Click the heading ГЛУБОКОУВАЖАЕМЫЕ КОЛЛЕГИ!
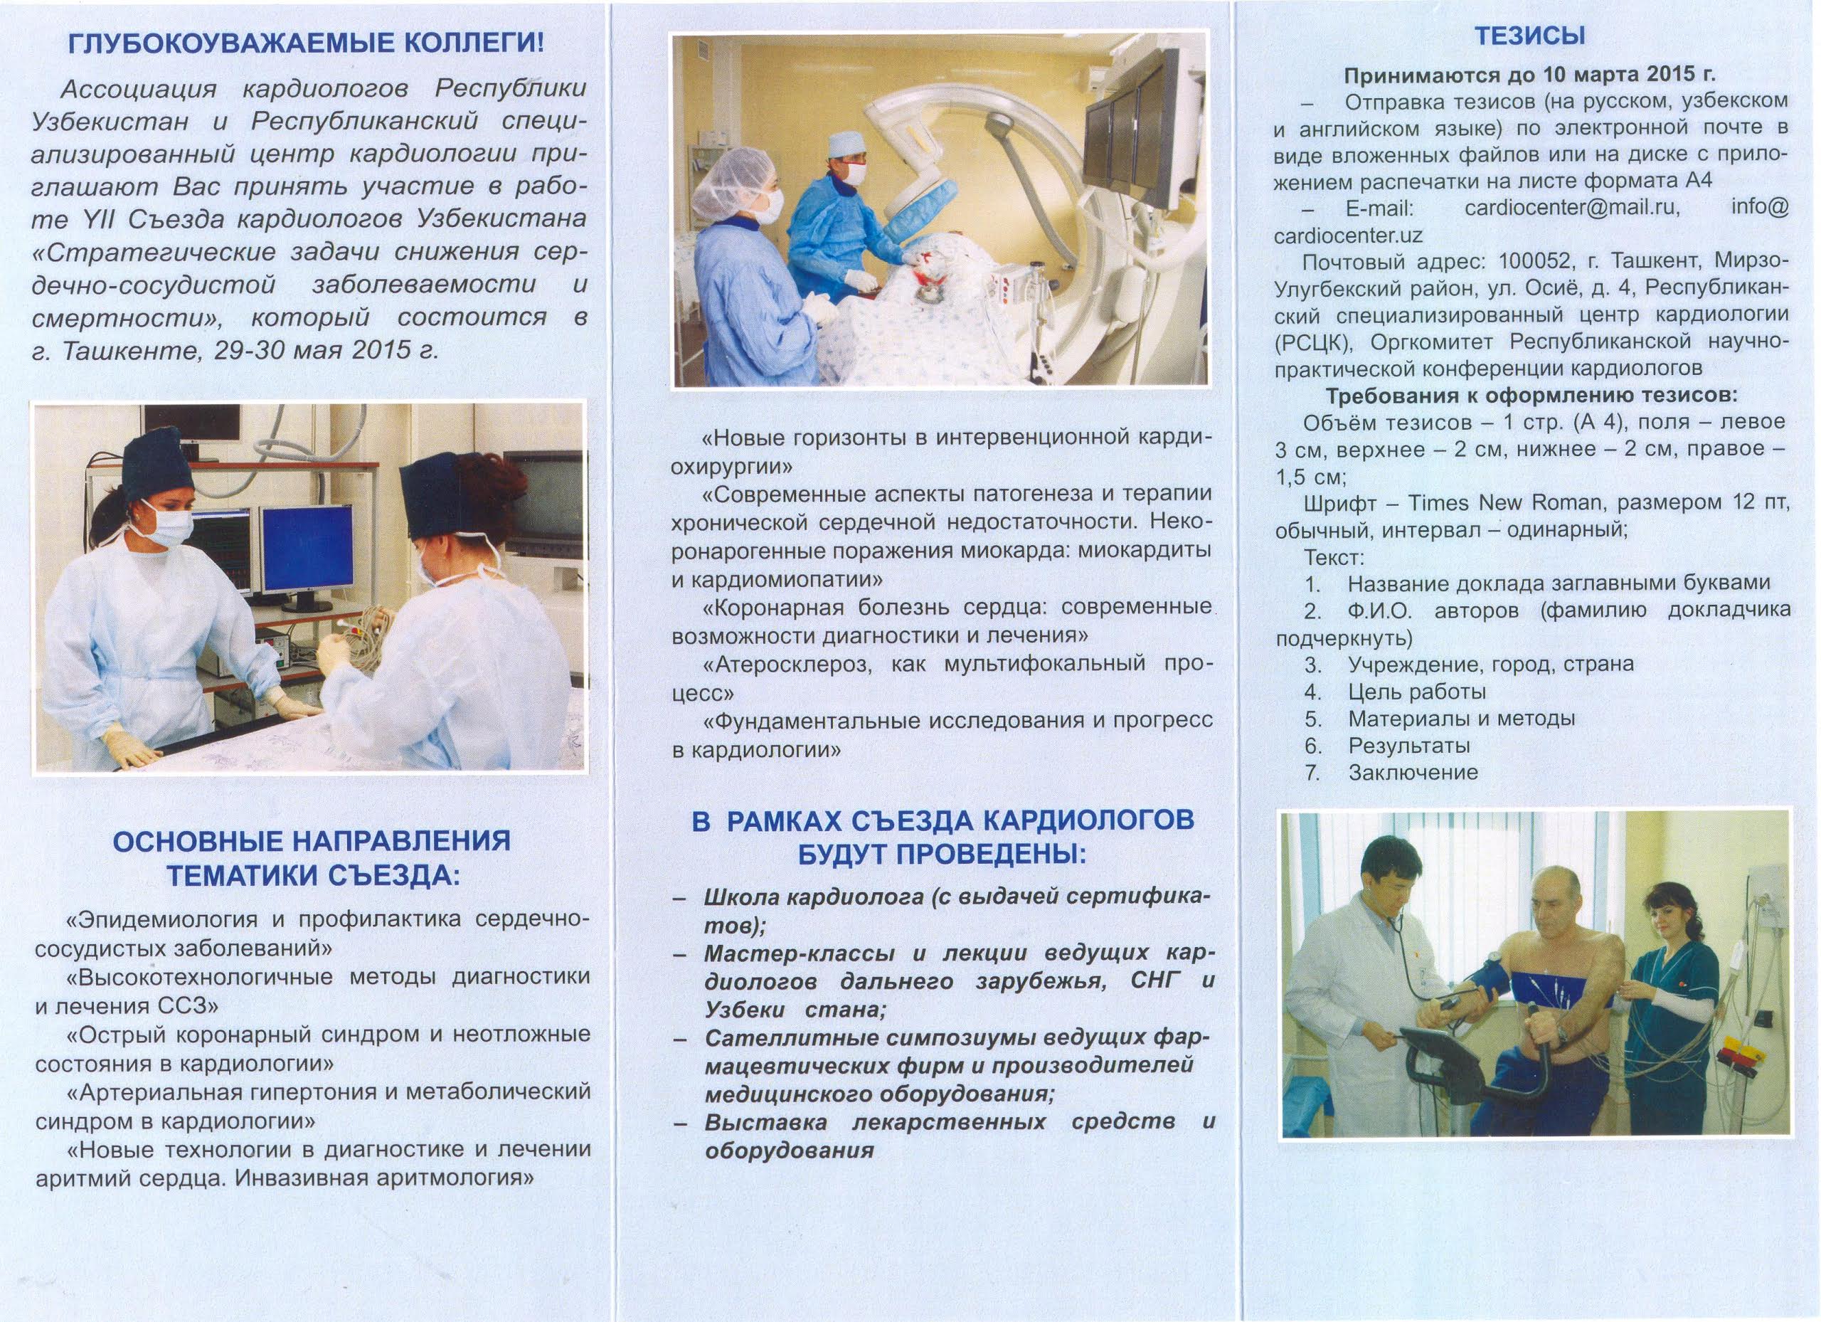(306, 43)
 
